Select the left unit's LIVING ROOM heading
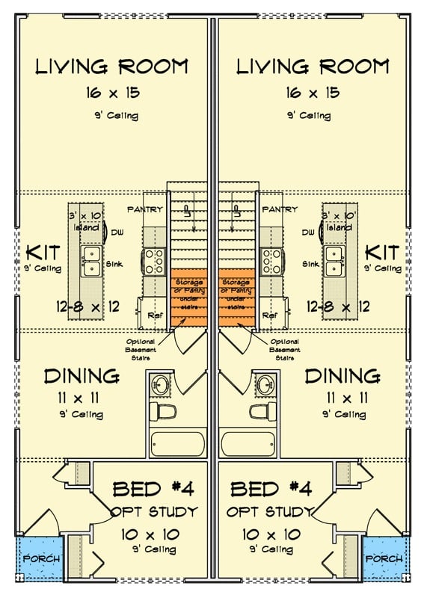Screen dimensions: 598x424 click(111, 67)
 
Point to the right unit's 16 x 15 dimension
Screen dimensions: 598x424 click(313, 93)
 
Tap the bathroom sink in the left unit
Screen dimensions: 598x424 click(161, 386)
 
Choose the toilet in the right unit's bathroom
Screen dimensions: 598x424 click(262, 412)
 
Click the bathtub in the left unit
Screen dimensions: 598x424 click(176, 444)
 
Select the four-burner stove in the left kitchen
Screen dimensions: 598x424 click(156, 261)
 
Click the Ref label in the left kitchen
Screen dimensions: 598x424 click(156, 315)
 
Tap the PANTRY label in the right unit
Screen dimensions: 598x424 click(280, 209)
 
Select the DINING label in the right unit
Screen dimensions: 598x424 click(342, 376)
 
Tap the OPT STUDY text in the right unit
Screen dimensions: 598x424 click(271, 512)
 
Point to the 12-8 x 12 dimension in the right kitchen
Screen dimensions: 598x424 click(339, 306)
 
